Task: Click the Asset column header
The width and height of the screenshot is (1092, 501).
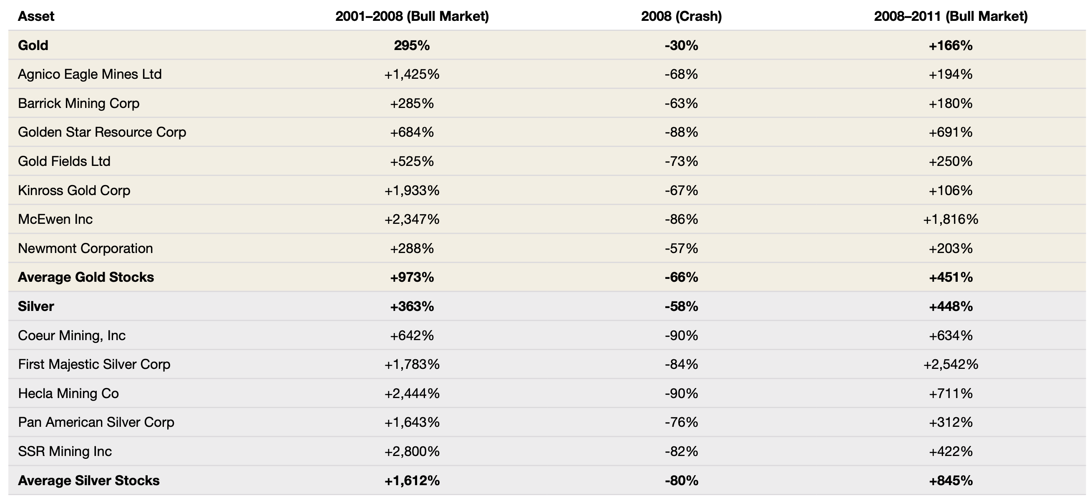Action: coord(36,16)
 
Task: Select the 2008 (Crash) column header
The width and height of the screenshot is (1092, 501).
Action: coord(681,16)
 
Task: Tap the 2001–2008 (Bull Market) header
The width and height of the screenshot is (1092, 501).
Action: coord(412,16)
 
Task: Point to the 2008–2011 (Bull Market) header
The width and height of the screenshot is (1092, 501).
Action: coord(951,16)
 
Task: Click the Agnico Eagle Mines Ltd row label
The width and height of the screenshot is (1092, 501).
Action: coord(90,74)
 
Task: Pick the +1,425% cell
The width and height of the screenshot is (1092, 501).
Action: coord(412,75)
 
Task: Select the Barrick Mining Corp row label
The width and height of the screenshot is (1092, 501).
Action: coord(79,103)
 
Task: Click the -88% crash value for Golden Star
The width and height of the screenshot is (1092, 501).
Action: coord(681,132)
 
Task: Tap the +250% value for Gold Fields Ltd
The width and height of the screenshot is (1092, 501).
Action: coord(951,161)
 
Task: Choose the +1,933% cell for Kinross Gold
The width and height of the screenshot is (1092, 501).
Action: coord(412,190)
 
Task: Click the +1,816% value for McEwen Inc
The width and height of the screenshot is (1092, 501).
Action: coord(951,219)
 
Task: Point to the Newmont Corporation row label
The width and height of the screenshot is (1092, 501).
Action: coord(85,248)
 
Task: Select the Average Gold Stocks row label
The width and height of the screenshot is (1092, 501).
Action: coord(86,277)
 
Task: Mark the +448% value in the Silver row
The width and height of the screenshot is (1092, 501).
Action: coord(951,306)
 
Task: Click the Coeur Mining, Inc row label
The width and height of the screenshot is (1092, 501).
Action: coord(72,336)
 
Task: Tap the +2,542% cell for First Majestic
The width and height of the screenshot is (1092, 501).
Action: coord(951,364)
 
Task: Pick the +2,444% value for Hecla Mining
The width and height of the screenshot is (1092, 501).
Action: coord(412,393)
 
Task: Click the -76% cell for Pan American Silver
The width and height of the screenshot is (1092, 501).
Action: coord(681,422)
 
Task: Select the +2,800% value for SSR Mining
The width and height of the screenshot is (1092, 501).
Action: coord(412,451)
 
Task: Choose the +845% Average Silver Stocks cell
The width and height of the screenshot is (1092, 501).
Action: coord(951,481)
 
